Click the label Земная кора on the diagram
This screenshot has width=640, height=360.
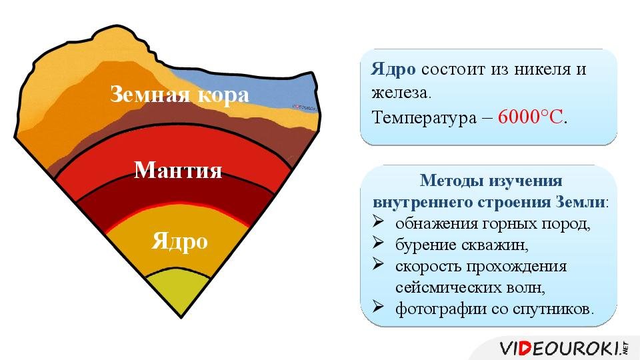tap(179, 95)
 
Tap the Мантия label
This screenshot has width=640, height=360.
tap(178, 170)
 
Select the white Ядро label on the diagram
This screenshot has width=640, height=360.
tap(179, 241)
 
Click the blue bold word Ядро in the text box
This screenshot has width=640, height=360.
tap(393, 70)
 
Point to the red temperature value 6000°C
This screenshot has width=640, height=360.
tap(530, 117)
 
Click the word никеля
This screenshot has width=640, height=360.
tap(542, 69)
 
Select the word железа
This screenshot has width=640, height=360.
tap(401, 93)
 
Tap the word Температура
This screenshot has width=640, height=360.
tap(424, 117)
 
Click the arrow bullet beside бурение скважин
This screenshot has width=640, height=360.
tap(378, 243)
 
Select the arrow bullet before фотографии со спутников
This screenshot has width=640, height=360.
tap(378, 307)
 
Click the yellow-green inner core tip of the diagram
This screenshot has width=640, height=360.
tap(179, 291)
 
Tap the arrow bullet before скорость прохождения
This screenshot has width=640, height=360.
tap(378, 264)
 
